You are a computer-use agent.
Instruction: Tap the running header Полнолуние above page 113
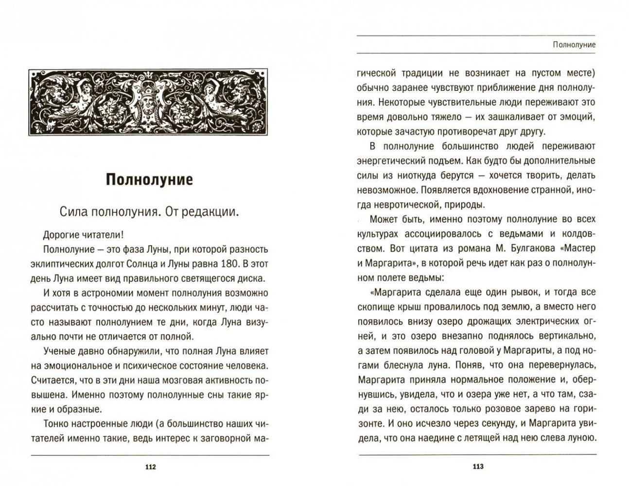tap(575, 45)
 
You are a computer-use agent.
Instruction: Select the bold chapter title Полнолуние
tap(150, 179)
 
